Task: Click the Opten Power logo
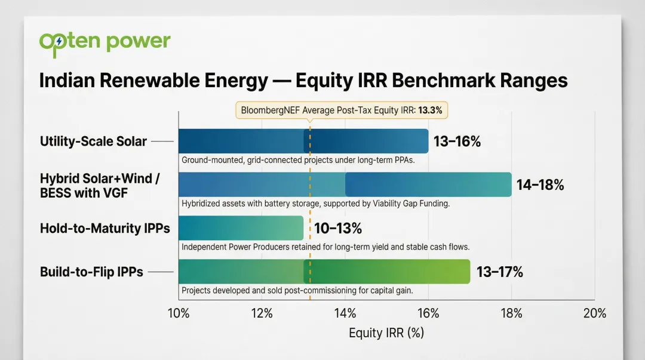(105, 43)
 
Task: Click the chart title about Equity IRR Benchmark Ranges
(303, 81)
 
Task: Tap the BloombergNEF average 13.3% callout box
(342, 110)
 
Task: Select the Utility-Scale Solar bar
(303, 141)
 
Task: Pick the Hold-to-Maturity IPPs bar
(241, 228)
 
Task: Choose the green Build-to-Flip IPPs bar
(324, 272)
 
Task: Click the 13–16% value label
(457, 141)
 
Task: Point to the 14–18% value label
(540, 185)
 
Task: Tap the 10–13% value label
(338, 229)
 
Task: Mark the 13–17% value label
(499, 272)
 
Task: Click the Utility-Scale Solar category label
(93, 141)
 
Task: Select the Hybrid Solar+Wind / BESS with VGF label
(100, 185)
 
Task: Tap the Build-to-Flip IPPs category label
(91, 272)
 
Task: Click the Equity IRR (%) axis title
(386, 333)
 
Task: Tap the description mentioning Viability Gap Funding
(315, 204)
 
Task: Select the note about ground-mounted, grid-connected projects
(297, 161)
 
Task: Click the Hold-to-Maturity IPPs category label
(105, 229)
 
